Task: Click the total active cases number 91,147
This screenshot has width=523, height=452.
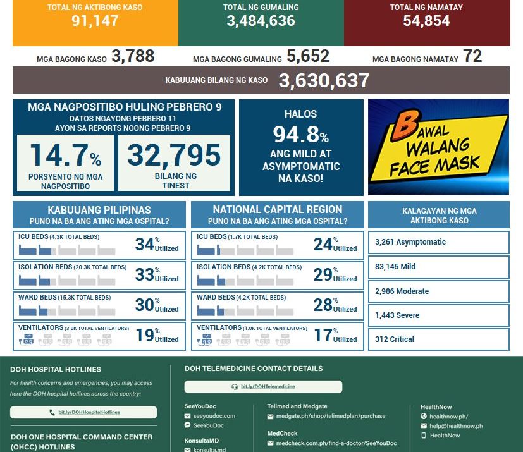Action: pyautogui.click(x=95, y=21)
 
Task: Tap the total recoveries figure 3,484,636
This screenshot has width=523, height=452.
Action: pyautogui.click(x=261, y=21)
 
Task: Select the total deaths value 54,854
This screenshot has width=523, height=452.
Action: pyautogui.click(x=426, y=21)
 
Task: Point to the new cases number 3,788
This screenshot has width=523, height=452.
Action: pyautogui.click(x=133, y=56)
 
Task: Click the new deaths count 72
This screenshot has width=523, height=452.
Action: pyautogui.click(x=472, y=56)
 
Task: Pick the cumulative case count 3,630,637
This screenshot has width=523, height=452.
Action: pyautogui.click(x=324, y=80)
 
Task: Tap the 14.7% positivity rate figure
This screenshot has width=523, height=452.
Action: pyautogui.click(x=65, y=156)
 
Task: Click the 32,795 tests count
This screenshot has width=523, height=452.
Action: pyautogui.click(x=174, y=156)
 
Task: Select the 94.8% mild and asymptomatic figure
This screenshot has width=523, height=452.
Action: pyautogui.click(x=301, y=134)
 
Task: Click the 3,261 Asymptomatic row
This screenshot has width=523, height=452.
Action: pyautogui.click(x=438, y=242)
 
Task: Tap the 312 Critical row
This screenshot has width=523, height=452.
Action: pyautogui.click(x=438, y=339)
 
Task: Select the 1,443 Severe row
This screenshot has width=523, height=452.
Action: pyautogui.click(x=438, y=315)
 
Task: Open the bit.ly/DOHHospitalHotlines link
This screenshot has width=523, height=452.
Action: pyautogui.click(x=83, y=412)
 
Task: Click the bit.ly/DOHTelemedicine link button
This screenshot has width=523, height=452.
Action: pyautogui.click(x=263, y=386)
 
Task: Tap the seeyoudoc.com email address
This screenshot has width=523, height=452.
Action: pyautogui.click(x=214, y=416)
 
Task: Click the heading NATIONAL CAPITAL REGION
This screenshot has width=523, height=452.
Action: pyautogui.click(x=278, y=210)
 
